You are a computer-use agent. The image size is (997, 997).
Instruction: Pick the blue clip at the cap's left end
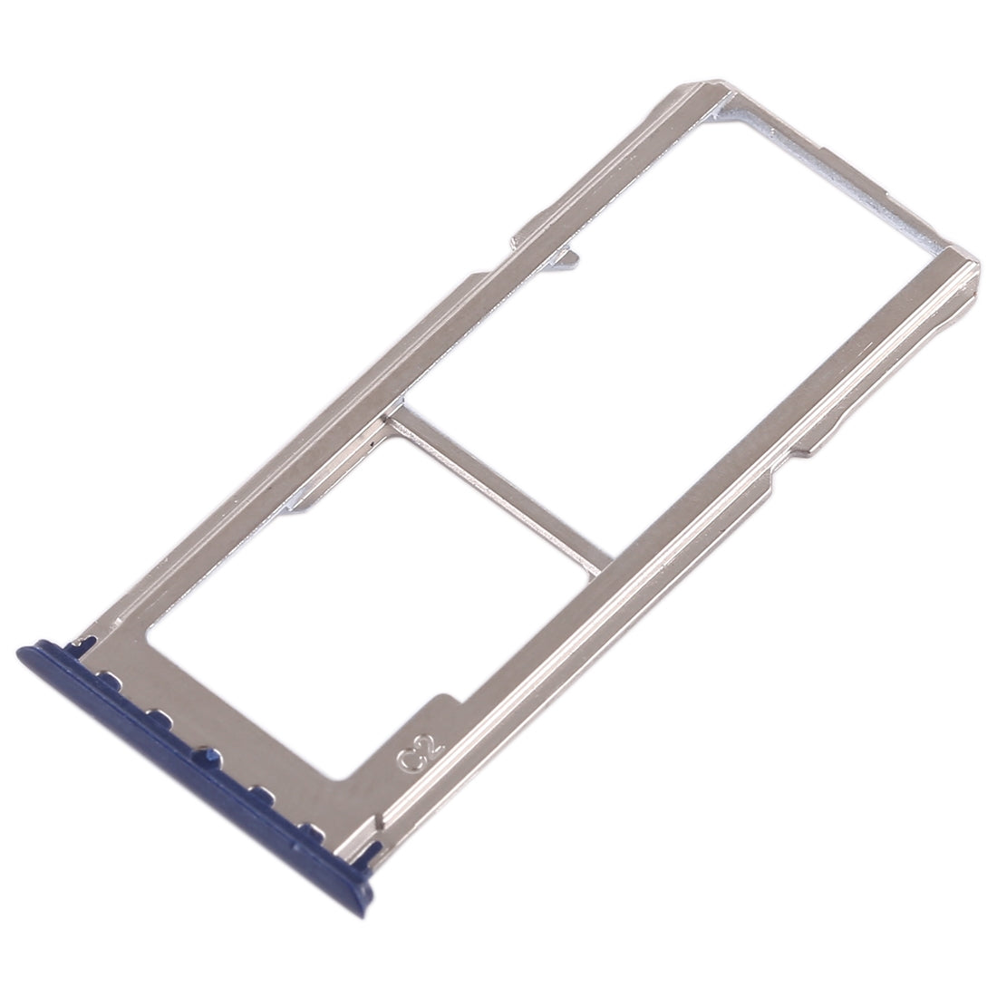pyautogui.click(x=86, y=643)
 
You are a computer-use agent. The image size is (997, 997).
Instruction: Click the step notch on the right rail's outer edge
pyautogui.click(x=807, y=444)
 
